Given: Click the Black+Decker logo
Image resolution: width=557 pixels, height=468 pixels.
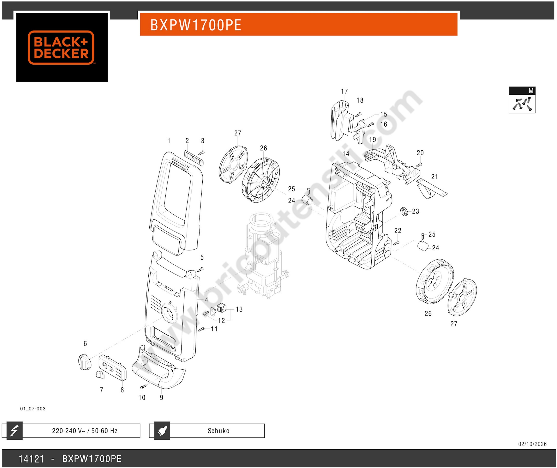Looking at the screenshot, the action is pyautogui.click(x=61, y=47).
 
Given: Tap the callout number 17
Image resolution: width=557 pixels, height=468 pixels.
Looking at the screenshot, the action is pyautogui.click(x=344, y=91).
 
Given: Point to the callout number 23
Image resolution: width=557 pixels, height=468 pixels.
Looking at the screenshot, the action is pyautogui.click(x=415, y=211).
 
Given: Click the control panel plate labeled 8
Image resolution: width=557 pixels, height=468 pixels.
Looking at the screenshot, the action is pyautogui.click(x=113, y=368).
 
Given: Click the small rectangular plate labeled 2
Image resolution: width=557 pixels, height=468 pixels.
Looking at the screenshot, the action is pyautogui.click(x=194, y=158).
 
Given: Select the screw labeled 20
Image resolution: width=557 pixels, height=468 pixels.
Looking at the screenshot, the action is pyautogui.click(x=419, y=165).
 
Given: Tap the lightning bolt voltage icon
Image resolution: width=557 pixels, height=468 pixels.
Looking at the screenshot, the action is pyautogui.click(x=14, y=431).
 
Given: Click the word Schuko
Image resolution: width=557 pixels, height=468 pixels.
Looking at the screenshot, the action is pyautogui.click(x=218, y=431).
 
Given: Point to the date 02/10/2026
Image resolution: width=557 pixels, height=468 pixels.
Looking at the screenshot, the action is pyautogui.click(x=532, y=444).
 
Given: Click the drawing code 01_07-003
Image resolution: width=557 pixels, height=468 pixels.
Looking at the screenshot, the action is pyautogui.click(x=33, y=409).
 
